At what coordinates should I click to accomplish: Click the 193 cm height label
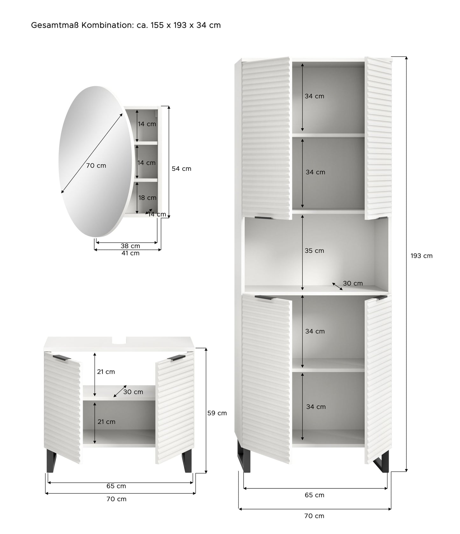click(x=421, y=256)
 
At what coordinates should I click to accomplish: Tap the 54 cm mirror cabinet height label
click(x=181, y=169)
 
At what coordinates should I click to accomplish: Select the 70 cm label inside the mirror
click(x=96, y=166)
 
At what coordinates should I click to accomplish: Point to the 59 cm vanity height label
click(x=217, y=413)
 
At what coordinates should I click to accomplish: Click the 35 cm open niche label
click(x=315, y=251)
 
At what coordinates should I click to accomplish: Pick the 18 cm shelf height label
click(x=147, y=198)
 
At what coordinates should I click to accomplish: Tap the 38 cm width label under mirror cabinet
click(x=131, y=246)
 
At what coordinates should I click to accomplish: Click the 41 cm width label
click(x=131, y=253)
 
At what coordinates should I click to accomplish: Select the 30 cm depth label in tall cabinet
click(x=353, y=283)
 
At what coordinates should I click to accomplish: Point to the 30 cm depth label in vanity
click(x=133, y=392)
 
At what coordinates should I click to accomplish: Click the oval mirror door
click(x=95, y=162)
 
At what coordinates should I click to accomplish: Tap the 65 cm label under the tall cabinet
click(x=315, y=495)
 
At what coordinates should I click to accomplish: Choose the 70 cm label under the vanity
click(x=117, y=499)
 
